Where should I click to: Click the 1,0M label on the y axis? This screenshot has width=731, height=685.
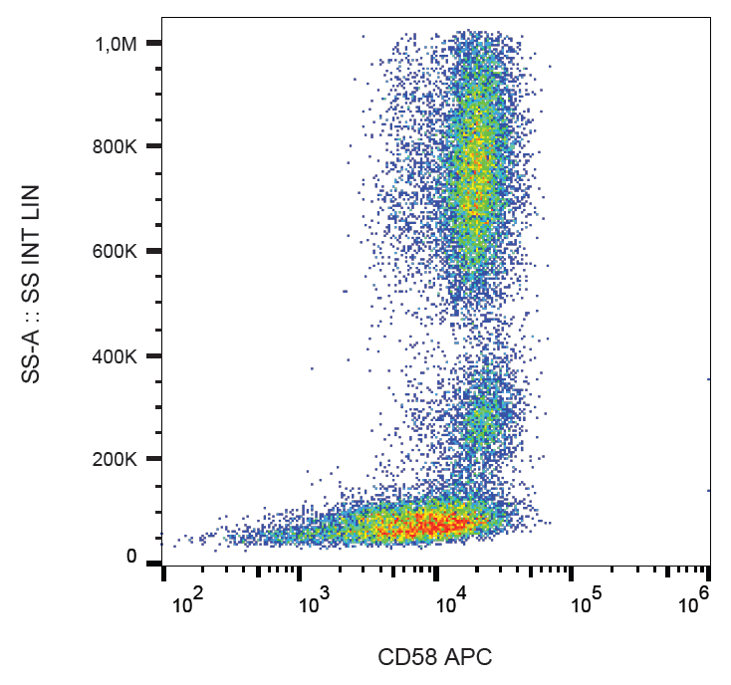click(x=117, y=43)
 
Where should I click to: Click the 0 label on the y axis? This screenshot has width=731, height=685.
click(x=130, y=557)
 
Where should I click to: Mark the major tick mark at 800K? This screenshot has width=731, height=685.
click(x=152, y=146)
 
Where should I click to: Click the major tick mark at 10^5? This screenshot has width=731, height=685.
click(x=573, y=572)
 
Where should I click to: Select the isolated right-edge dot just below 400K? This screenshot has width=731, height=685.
click(x=708, y=379)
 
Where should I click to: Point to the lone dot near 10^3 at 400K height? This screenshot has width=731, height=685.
click(x=311, y=368)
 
